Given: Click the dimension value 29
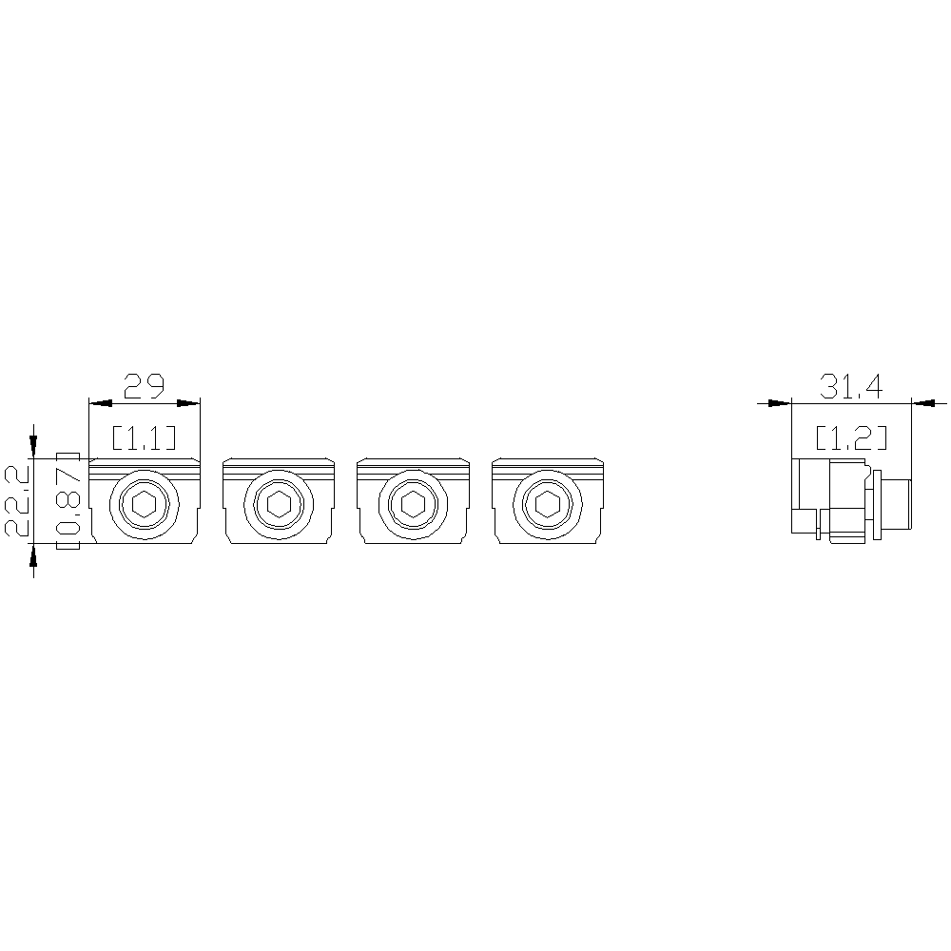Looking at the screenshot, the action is tap(145, 386).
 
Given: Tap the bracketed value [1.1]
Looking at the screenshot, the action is tap(145, 437).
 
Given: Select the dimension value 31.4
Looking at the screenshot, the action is tap(851, 386).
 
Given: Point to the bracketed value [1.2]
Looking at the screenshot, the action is tap(851, 437).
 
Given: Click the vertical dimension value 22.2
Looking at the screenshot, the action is tap(17, 500).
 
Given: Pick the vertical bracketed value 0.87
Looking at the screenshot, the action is tap(68, 501).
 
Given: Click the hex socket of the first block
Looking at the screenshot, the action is tap(145, 503).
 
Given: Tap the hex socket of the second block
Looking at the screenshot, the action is tap(279, 503).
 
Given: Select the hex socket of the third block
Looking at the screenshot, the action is tap(413, 503).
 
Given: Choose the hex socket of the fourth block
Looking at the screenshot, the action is tap(548, 503).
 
